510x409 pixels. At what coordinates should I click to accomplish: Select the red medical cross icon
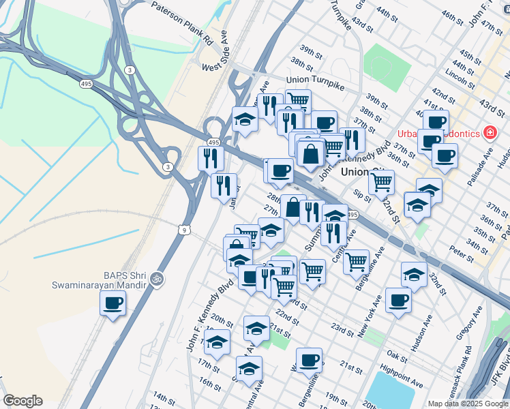point(489,132)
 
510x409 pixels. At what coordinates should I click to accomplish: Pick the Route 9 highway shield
point(185,230)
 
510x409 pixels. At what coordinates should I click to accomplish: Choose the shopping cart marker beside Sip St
point(381,181)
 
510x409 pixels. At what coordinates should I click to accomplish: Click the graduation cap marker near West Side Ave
point(245,120)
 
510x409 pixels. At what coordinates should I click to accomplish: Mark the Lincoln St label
point(453,73)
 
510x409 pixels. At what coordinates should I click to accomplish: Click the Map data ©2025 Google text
point(468,404)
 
